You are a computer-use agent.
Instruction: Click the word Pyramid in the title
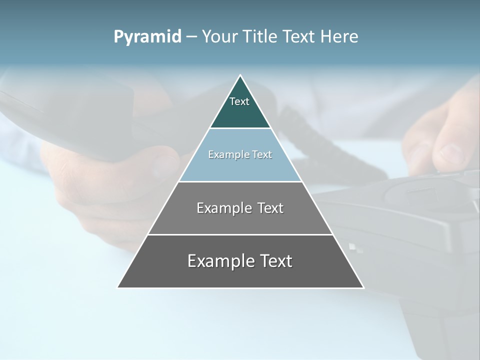click(147, 36)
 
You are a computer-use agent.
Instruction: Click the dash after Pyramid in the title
click(191, 37)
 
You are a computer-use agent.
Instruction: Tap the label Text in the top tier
click(239, 101)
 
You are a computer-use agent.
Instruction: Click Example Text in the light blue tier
click(240, 154)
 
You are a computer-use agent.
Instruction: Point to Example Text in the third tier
click(240, 208)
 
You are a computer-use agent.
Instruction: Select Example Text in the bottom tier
click(240, 261)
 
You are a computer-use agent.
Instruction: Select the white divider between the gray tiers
click(240, 234)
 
